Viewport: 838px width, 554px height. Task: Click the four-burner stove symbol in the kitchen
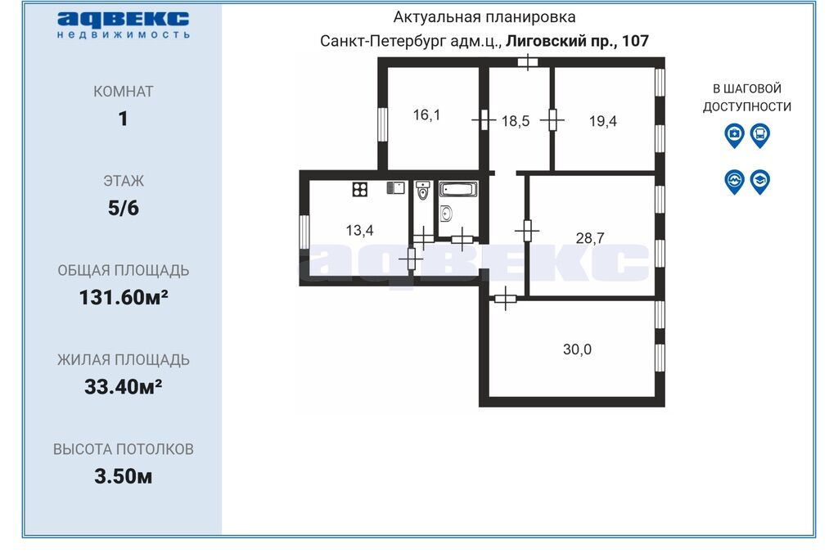(360, 189)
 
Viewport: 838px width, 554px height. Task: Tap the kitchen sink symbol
(395, 187)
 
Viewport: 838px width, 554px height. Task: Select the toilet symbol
(423, 190)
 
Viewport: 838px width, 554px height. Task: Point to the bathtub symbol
(458, 189)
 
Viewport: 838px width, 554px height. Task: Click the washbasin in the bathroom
(447, 214)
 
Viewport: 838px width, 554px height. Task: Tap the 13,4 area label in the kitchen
(359, 231)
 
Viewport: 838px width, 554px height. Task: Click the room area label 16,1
(426, 115)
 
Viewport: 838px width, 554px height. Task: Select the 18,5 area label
(516, 121)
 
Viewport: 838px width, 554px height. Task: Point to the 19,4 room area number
(603, 121)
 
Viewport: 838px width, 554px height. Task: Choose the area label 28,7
(590, 238)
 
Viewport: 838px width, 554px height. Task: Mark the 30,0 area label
(577, 349)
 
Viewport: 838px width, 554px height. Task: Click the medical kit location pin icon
(734, 136)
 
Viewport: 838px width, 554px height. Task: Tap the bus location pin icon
(760, 136)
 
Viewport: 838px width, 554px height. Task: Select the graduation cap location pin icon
(760, 182)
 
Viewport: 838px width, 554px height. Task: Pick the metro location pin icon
(734, 182)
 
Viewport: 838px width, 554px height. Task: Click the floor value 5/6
(124, 208)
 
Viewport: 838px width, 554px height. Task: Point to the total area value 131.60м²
(124, 297)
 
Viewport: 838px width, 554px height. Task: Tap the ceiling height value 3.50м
(124, 476)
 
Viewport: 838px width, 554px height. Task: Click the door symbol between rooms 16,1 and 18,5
(484, 120)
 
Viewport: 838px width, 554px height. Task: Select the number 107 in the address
(635, 41)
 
